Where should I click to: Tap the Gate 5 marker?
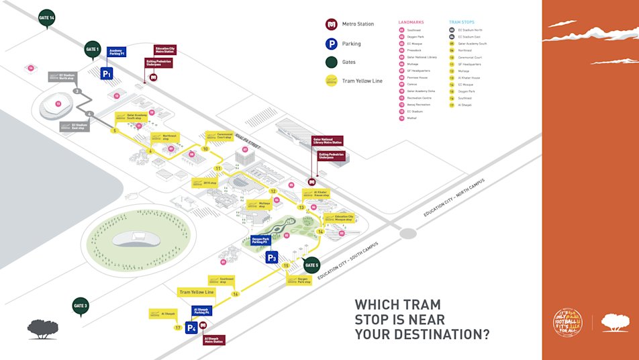(311, 265)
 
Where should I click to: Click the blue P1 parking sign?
(107, 73)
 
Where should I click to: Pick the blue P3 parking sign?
(272, 257)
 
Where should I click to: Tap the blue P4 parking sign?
(192, 328)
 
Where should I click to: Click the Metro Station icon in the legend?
(331, 24)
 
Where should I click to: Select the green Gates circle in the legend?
(331, 62)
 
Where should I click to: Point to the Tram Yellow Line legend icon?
(331, 81)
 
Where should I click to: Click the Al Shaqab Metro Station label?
(213, 340)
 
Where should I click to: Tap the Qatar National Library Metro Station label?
(328, 142)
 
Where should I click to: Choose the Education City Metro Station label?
(165, 50)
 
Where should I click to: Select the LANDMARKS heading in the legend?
(411, 22)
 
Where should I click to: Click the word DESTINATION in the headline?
(437, 334)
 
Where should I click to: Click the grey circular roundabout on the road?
(407, 234)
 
